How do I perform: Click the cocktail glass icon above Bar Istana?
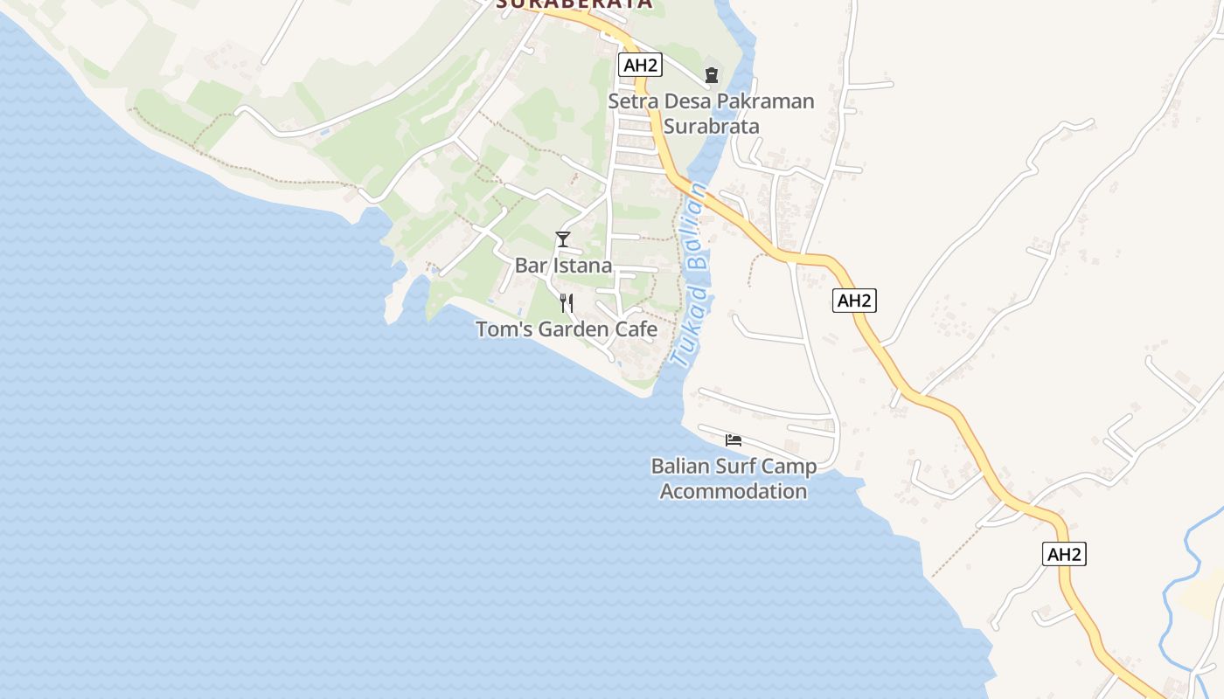tap(563, 239)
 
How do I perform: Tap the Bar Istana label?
tap(563, 266)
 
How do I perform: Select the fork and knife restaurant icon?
tap(567, 303)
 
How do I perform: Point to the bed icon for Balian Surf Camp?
tap(734, 439)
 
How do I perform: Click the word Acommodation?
tap(734, 491)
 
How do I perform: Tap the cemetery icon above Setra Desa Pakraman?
tap(711, 74)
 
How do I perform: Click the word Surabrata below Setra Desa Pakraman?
tap(711, 126)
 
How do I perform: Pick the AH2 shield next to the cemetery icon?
tap(639, 65)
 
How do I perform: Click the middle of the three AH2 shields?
tap(854, 301)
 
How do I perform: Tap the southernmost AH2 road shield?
tap(1064, 554)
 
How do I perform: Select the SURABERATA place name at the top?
tap(574, 3)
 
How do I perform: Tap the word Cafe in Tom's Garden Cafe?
tap(636, 329)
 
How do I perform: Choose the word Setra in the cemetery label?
tap(629, 101)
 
